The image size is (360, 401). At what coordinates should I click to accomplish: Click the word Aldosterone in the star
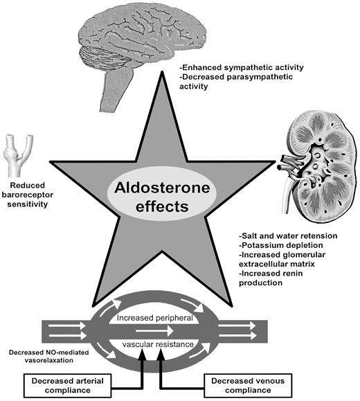point(162,188)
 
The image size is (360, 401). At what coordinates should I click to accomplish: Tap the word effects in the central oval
point(162,206)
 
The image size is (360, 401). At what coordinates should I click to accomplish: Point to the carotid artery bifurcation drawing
point(17,155)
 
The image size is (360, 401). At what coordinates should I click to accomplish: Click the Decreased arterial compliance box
point(68,386)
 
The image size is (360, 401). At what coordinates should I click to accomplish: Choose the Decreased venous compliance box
point(248,386)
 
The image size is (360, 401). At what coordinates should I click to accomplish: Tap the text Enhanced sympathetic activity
point(242,67)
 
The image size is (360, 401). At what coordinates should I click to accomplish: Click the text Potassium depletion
point(281,245)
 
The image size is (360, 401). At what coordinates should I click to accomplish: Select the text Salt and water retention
point(288,235)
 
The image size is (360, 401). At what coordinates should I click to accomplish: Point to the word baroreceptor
point(28,195)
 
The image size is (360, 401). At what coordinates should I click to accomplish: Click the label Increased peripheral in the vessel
point(155,318)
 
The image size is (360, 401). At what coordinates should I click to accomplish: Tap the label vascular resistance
point(158,344)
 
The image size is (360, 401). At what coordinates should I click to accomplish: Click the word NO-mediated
point(67,353)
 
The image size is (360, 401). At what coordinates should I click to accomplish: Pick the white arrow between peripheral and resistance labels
point(154,331)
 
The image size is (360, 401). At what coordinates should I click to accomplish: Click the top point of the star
point(162,72)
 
